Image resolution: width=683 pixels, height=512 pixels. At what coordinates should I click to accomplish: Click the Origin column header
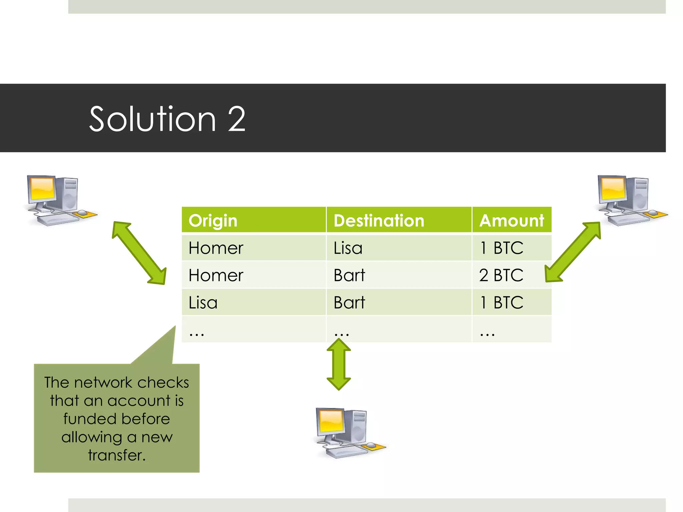[x=213, y=221]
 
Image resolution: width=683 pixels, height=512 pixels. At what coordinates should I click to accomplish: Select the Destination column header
[x=379, y=221]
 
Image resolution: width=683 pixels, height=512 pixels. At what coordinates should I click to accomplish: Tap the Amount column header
[x=512, y=221]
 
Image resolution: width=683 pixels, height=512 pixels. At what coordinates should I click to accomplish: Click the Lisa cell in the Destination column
[x=348, y=248]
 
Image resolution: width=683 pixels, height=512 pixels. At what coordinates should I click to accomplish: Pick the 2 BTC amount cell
[x=501, y=275]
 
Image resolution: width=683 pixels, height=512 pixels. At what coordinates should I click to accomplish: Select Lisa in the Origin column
[x=203, y=303]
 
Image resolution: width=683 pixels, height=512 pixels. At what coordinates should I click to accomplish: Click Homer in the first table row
[x=216, y=248]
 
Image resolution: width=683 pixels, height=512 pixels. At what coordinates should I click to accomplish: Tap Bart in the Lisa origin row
[x=349, y=303]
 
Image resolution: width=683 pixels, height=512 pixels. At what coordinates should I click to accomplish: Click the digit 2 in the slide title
[x=236, y=119]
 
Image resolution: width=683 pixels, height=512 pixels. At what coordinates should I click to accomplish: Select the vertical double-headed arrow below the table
[x=338, y=364]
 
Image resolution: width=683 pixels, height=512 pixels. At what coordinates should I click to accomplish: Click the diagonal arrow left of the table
[x=139, y=253]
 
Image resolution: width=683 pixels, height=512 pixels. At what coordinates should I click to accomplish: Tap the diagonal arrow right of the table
[x=573, y=252]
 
